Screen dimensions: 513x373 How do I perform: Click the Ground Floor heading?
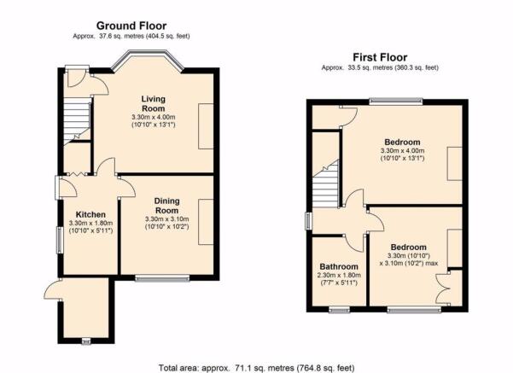tap(131, 26)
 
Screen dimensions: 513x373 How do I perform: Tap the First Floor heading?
tap(380, 57)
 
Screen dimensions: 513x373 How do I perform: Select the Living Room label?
tap(153, 103)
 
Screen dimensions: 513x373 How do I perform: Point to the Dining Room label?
tap(166, 206)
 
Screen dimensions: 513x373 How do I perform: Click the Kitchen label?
tap(90, 214)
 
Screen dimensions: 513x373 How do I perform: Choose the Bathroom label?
tap(339, 266)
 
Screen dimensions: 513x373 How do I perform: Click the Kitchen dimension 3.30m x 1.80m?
tap(91, 223)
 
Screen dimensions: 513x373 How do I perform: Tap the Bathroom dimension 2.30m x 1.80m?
tap(339, 275)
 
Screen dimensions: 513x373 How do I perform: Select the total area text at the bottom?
tap(256, 368)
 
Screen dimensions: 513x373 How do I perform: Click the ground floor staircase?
tap(77, 123)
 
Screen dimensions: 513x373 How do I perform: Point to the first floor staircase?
tap(325, 184)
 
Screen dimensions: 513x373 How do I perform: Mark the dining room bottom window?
tap(162, 278)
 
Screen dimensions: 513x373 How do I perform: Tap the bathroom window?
tap(339, 310)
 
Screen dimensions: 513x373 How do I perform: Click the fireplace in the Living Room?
tap(206, 126)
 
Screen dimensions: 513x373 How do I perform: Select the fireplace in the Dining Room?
tap(206, 222)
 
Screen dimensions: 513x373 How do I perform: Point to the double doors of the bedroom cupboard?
tap(443, 288)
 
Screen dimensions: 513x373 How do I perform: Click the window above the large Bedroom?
tap(396, 102)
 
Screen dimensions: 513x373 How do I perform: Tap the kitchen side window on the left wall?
tap(60, 240)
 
